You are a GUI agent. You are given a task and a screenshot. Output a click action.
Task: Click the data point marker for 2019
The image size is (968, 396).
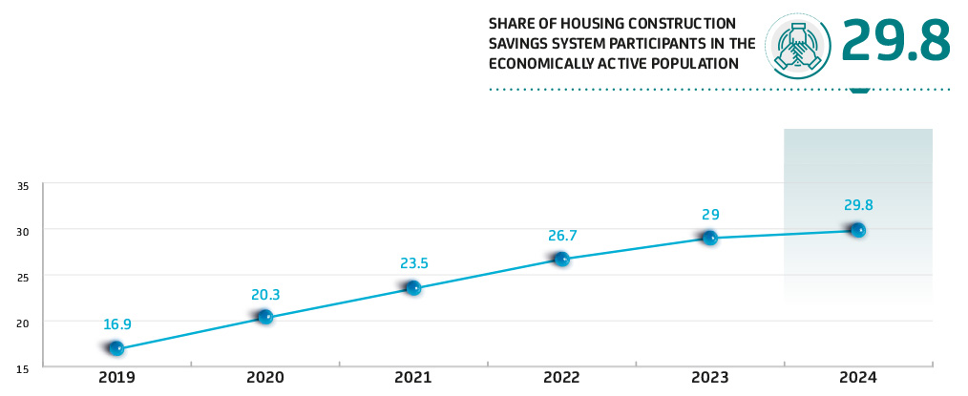116,348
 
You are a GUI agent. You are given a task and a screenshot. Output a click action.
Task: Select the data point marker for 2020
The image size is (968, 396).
265,317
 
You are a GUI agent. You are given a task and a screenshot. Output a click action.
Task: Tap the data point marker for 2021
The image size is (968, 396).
413,287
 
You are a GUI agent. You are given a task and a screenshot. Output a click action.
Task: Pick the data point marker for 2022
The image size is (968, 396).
561,259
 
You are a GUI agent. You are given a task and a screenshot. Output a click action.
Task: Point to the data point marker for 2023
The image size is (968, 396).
709,238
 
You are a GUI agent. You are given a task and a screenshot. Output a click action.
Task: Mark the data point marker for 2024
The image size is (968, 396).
857,230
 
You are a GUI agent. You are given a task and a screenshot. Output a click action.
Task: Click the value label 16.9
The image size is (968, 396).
116,323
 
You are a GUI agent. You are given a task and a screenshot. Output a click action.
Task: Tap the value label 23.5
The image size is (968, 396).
413,263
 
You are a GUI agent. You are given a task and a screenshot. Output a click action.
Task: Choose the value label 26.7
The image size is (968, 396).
561,235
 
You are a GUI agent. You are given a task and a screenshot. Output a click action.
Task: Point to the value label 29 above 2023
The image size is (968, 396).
709,215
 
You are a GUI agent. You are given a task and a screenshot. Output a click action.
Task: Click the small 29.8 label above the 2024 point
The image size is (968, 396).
858,205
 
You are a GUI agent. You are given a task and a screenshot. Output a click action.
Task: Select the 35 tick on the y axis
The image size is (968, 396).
24,185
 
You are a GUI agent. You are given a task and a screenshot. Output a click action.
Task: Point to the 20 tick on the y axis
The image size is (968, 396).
24,323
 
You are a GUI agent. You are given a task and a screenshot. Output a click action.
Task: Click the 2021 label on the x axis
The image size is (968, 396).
413,378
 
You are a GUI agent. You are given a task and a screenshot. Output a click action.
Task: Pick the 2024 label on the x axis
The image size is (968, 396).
857,378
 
